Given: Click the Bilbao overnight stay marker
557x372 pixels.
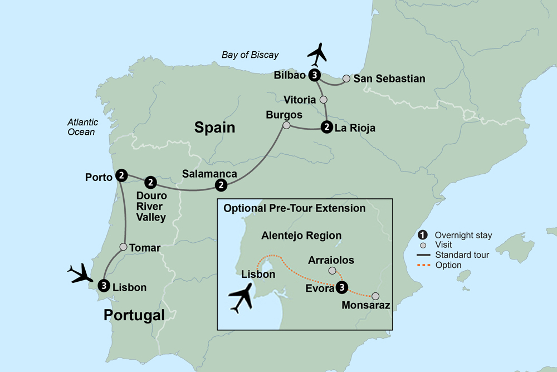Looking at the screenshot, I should (316, 75).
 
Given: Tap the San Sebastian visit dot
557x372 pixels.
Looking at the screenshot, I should (346, 79).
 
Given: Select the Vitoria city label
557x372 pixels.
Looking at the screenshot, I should (300, 100).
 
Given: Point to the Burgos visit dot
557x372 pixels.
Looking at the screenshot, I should (286, 126).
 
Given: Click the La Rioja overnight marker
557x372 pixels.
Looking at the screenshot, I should (326, 128).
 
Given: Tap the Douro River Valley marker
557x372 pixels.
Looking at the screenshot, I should (151, 182).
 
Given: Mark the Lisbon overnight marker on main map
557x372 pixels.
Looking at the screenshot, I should (103, 286).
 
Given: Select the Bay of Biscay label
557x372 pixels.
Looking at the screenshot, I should (250, 55).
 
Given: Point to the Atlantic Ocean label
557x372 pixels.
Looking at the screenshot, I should (82, 127).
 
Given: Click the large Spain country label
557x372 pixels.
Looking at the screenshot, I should (214, 128).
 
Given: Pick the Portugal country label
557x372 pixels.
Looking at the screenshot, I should (134, 316).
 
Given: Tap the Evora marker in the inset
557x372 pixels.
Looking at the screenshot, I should (343, 287).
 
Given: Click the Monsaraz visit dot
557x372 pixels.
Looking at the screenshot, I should (376, 296).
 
